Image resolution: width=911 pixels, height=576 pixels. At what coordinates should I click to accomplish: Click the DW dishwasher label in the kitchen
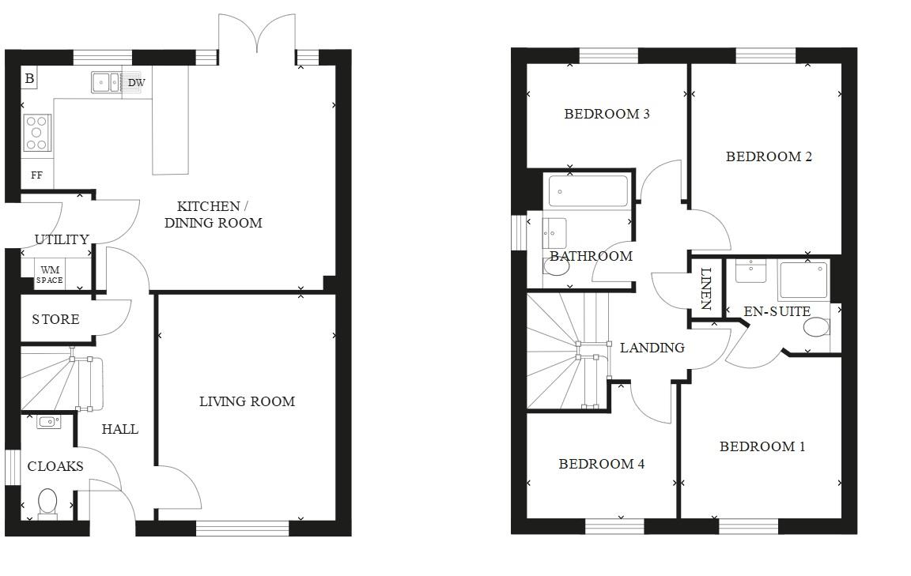point(136,82)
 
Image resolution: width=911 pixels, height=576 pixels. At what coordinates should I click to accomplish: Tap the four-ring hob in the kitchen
point(36,132)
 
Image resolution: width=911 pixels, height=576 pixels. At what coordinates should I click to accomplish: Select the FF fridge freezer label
point(36,175)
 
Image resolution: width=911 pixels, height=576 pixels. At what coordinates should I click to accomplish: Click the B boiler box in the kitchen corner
point(29,78)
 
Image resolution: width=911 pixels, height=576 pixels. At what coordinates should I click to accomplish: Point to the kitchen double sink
point(105,81)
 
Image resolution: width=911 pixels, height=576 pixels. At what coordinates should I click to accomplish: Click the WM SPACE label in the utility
point(50,275)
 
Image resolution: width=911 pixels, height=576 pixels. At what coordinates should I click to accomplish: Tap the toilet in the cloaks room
point(47,503)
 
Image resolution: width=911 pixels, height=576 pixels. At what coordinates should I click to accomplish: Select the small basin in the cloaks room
point(48,422)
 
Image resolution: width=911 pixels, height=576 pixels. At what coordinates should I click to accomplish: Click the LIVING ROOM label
point(247,401)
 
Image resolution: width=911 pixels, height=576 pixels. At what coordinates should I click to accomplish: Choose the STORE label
point(55,320)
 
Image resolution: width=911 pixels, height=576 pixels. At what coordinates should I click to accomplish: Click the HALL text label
point(119,429)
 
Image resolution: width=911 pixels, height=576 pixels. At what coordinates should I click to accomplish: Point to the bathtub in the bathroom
point(588,191)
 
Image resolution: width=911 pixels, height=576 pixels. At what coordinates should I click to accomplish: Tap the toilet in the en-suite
point(816,327)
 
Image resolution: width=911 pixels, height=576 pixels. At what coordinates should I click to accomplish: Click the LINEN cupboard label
point(706,288)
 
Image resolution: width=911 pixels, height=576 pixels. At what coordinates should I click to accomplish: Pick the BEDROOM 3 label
point(607,114)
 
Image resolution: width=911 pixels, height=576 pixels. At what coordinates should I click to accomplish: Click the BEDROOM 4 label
point(601,464)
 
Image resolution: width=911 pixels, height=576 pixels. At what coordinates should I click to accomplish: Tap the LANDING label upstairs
point(652,348)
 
